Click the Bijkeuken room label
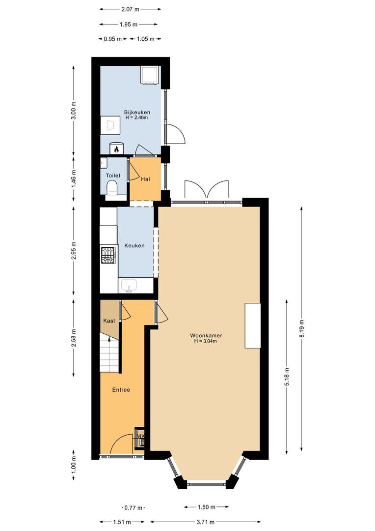pos(137,112)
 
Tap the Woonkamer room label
pos(206,336)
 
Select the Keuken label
pos(134,245)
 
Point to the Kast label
pos(109,321)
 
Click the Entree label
pos(121,390)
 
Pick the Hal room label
pos(145,179)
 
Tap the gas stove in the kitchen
pos(108,255)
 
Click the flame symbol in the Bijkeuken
pos(116,148)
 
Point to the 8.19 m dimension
pos(302,328)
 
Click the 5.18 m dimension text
pos(287,377)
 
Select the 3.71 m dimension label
pos(206,522)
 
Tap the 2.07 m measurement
pos(130,9)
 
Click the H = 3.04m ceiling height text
pos(206,341)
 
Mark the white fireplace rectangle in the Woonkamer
pos(253,326)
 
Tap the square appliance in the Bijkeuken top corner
pos(150,75)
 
